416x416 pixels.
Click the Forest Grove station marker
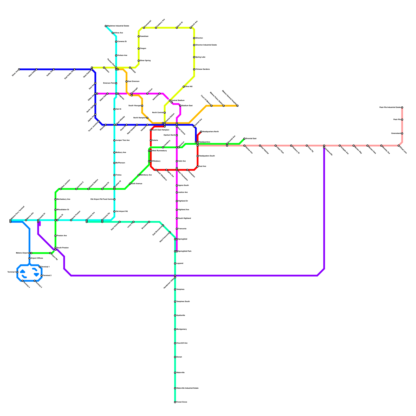(175, 402)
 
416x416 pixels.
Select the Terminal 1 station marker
(40, 267)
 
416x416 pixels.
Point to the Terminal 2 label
(47, 276)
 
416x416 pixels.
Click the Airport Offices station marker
(29, 258)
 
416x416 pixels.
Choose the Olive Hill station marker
(184, 87)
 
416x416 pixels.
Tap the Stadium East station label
(187, 106)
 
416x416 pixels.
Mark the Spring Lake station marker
(194, 57)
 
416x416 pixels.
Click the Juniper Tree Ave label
(122, 140)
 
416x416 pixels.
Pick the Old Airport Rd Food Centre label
(102, 199)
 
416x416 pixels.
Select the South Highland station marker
(177, 218)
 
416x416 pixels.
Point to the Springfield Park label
(185, 251)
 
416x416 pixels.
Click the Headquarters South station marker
(198, 156)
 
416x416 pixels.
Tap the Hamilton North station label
(170, 135)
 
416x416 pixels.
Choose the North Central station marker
(165, 113)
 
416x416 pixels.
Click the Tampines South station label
(183, 302)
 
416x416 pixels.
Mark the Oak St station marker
(114, 109)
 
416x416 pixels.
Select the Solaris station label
(155, 140)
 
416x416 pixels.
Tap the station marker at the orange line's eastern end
(237, 106)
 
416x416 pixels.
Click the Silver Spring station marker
(139, 61)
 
